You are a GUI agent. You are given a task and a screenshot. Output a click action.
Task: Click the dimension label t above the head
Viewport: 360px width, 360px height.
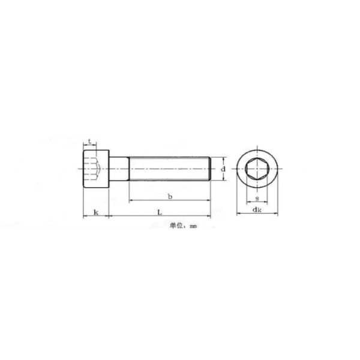[90, 141]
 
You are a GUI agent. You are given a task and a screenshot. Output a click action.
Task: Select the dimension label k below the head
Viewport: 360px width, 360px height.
[96, 212]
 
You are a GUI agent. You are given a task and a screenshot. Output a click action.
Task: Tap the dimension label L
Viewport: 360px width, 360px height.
[160, 212]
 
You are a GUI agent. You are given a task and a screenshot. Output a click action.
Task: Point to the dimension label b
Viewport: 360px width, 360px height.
[170, 197]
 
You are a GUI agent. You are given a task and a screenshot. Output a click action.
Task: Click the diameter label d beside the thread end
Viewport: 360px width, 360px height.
[223, 169]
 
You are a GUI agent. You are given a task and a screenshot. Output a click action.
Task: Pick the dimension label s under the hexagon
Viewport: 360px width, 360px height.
[257, 198]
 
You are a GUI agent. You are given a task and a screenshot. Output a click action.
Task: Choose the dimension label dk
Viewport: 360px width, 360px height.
[257, 209]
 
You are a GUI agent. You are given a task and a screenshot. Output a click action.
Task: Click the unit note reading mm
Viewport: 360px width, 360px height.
[193, 226]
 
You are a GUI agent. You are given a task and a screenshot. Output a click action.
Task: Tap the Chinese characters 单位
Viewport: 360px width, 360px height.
[176, 226]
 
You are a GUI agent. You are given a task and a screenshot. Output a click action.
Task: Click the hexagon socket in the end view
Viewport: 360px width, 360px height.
[257, 169]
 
